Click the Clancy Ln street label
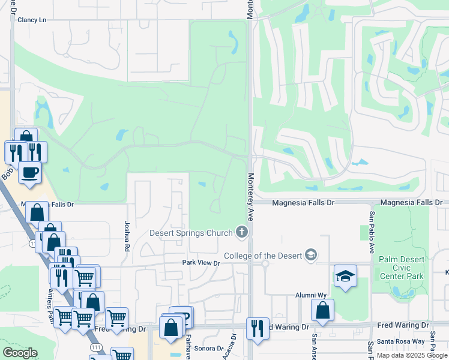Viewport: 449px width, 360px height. pyautogui.click(x=32, y=20)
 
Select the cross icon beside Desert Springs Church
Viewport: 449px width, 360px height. pyautogui.click(x=242, y=231)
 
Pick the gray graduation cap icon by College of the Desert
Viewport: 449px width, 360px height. pyautogui.click(x=310, y=256)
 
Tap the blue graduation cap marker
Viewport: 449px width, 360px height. pyautogui.click(x=345, y=276)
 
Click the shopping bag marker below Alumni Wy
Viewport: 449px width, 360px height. pyautogui.click(x=322, y=310)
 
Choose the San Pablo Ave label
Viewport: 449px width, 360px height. pyautogui.click(x=372, y=232)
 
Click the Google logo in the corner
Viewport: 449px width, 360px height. pyautogui.click(x=19, y=353)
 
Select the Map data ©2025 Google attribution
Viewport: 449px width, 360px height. pyautogui.click(x=411, y=355)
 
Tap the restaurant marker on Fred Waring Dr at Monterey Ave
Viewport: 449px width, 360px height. pyautogui.click(x=258, y=328)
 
